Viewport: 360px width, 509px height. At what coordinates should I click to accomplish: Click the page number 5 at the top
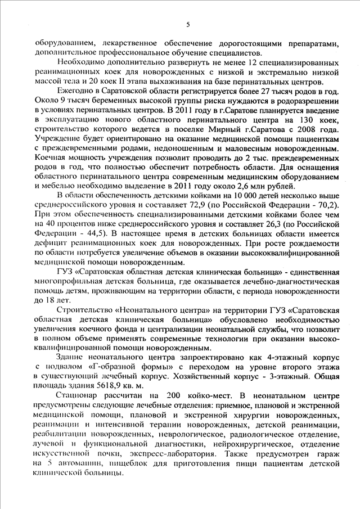pos(188,24)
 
